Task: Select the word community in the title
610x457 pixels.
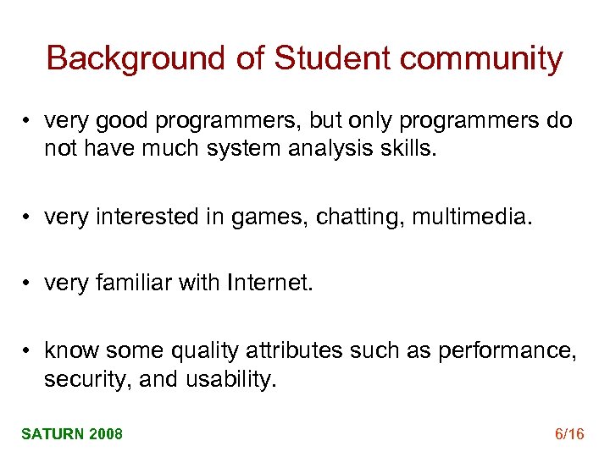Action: coord(481,58)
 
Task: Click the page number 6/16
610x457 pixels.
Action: coord(569,434)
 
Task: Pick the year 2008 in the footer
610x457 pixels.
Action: coord(106,434)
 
